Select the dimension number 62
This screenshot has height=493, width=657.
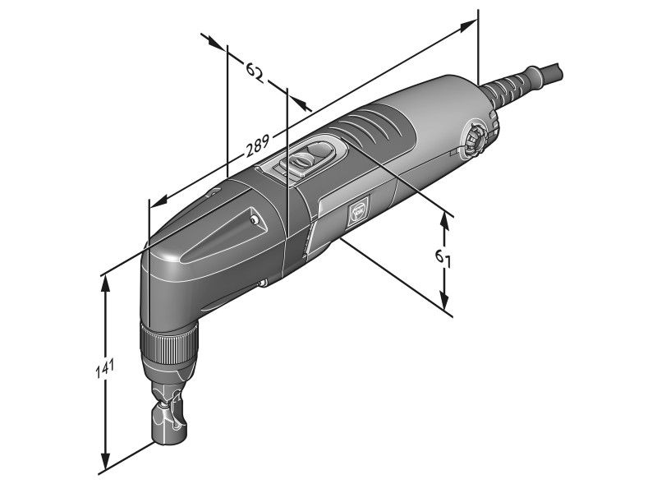pos(255,71)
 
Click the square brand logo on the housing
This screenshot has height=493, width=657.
pos(359,212)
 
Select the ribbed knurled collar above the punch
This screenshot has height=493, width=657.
pos(169,342)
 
